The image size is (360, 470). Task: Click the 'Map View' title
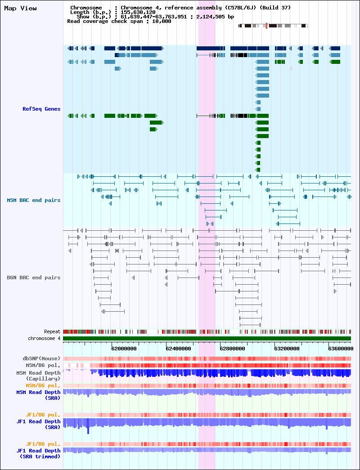[20, 8]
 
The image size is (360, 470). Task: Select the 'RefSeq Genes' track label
[41, 109]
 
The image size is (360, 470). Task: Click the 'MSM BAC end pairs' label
[34, 200]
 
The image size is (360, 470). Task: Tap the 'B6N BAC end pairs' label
[34, 278]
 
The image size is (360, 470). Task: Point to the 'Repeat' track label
[52, 331]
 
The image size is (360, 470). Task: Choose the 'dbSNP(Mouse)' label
[42, 358]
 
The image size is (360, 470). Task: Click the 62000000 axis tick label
[124, 349]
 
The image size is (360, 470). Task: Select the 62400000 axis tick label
[178, 349]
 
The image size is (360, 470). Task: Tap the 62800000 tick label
[233, 349]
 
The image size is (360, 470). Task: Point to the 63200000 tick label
[287, 349]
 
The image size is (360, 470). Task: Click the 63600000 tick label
[341, 349]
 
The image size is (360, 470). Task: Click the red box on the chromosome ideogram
[266, 26]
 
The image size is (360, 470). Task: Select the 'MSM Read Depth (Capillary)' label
[38, 376]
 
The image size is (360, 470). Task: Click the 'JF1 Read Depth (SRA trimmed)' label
[38, 453]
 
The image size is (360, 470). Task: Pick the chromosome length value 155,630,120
[138, 12]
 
